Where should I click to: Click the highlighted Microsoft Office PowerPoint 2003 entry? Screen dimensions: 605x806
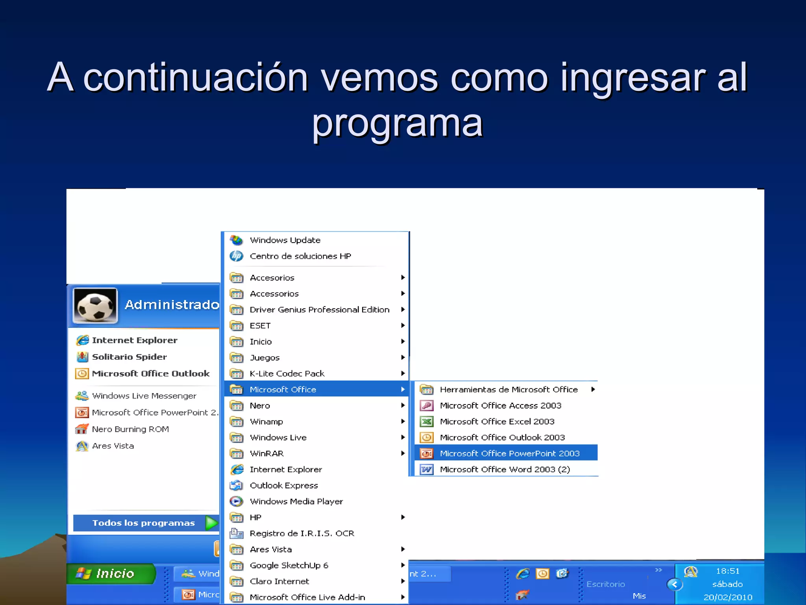click(509, 453)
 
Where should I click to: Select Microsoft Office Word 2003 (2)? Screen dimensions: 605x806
click(505, 470)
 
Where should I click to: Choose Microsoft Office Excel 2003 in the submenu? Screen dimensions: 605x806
click(497, 421)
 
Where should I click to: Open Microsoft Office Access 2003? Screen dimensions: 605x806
click(500, 405)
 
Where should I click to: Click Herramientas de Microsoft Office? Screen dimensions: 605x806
click(508, 390)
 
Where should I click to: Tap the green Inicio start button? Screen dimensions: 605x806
click(111, 573)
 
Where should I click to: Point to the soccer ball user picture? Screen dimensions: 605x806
click(95, 306)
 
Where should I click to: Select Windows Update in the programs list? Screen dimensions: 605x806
click(285, 240)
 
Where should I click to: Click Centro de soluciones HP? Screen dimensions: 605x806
click(300, 256)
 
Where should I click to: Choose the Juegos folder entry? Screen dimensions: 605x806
click(264, 358)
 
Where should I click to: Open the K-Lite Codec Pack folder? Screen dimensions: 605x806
click(287, 373)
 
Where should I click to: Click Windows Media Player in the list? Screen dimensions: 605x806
click(296, 501)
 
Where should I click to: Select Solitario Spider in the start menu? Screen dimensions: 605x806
click(129, 357)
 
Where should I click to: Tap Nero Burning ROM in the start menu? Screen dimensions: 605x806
click(130, 429)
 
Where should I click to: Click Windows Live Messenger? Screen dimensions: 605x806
click(144, 396)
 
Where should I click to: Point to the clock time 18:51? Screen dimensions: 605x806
click(727, 571)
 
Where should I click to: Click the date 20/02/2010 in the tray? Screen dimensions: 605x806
click(728, 597)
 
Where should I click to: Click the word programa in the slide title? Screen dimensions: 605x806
click(397, 123)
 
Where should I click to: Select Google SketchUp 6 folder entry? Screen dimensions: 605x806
click(288, 566)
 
